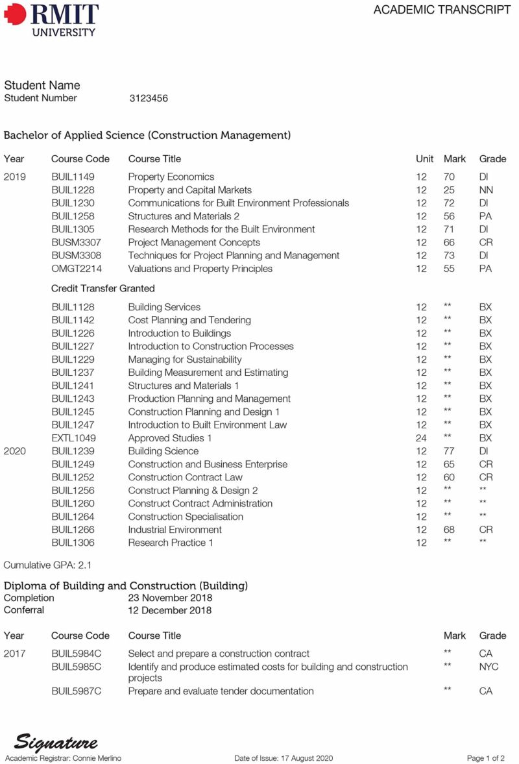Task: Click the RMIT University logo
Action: pos(52,19)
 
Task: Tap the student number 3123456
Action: pos(149,99)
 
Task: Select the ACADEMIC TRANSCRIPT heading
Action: pos(442,10)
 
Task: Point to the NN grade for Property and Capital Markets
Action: pos(485,190)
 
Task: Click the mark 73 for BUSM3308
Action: pos(449,256)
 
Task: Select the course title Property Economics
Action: pos(171,177)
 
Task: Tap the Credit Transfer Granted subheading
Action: pos(103,288)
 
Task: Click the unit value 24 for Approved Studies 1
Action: pos(422,438)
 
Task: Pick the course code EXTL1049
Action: pos(73,438)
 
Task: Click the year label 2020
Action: pos(15,451)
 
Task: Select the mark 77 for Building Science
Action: pos(449,451)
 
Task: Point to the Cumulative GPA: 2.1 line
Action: pos(47,565)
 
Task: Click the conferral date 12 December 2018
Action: pos(169,610)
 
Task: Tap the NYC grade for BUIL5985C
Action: pos(489,667)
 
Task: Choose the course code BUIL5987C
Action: pos(76,691)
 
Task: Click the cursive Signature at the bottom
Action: pos(56,742)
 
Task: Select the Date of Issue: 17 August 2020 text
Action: pos(284,758)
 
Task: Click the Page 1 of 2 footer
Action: pos(486,758)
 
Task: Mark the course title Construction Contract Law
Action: pos(185,477)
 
